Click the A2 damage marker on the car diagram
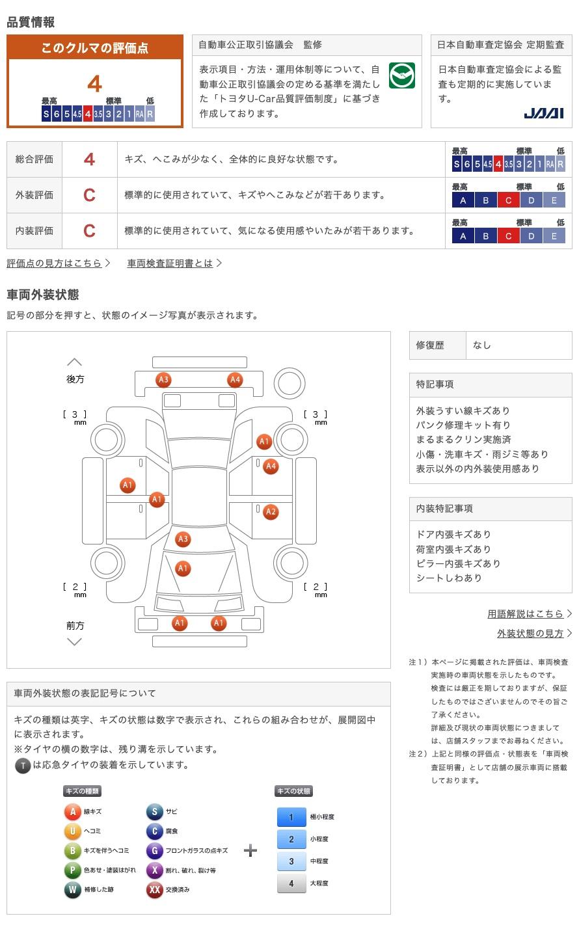[271, 512]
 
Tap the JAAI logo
[544, 113]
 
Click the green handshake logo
[402, 76]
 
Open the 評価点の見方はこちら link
[55, 263]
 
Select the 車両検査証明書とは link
[170, 263]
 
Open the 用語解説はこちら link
[526, 613]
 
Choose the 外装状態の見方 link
[530, 633]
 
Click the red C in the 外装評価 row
[89, 195]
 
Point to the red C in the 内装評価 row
[89, 231]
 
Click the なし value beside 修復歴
[482, 345]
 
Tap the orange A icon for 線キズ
[72, 812]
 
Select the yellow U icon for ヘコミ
[72, 831]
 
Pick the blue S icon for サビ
[154, 812]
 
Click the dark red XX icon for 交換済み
[154, 890]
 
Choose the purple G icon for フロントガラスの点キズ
[154, 851]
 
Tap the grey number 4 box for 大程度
[291, 883]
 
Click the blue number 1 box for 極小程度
[291, 817]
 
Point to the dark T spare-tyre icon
[23, 766]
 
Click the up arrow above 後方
[75, 362]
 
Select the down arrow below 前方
[75, 642]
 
